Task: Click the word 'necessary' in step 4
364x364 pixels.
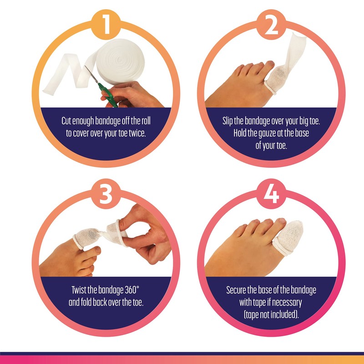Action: click(288, 302)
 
